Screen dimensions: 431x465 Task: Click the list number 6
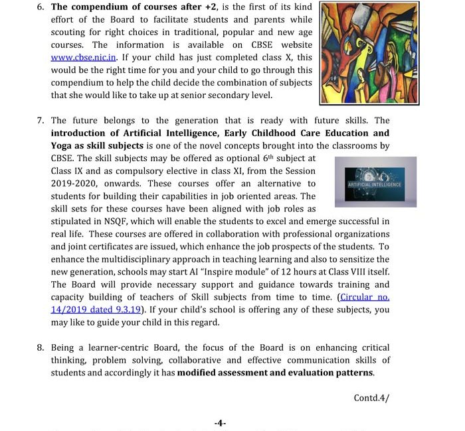pos(40,7)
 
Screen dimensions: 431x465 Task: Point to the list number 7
pos(40,121)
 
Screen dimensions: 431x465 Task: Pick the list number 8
pos(40,348)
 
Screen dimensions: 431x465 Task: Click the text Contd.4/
pos(371,398)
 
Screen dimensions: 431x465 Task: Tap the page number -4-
pos(221,422)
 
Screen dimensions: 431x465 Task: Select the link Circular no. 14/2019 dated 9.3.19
pos(364,297)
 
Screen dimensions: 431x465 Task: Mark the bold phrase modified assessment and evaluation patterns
pos(275,373)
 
